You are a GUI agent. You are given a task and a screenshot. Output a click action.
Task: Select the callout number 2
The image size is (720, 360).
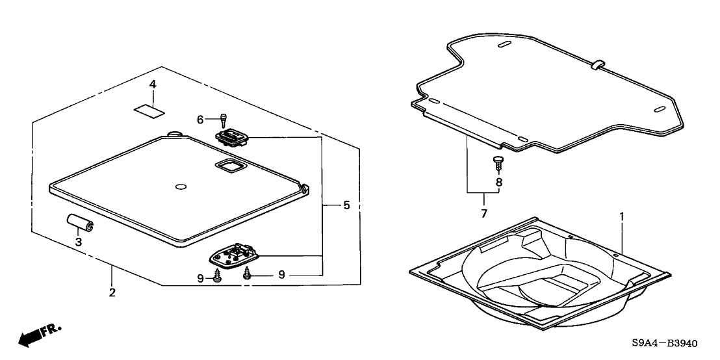[112, 293]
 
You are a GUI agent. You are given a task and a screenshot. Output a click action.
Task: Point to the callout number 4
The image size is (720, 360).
[152, 84]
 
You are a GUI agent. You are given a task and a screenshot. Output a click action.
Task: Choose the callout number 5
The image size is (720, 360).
[346, 205]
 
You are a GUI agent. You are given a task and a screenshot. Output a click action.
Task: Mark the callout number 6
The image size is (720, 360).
[201, 119]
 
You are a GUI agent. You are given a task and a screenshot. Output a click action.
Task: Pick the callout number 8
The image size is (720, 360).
[499, 183]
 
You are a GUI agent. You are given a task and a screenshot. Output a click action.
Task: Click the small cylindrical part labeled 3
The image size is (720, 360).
[81, 224]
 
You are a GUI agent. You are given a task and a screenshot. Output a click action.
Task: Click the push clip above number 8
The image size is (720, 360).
[499, 162]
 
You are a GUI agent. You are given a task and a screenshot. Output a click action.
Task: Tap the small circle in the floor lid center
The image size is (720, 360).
[181, 188]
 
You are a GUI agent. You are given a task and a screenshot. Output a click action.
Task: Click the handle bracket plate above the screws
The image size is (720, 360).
[235, 255]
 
